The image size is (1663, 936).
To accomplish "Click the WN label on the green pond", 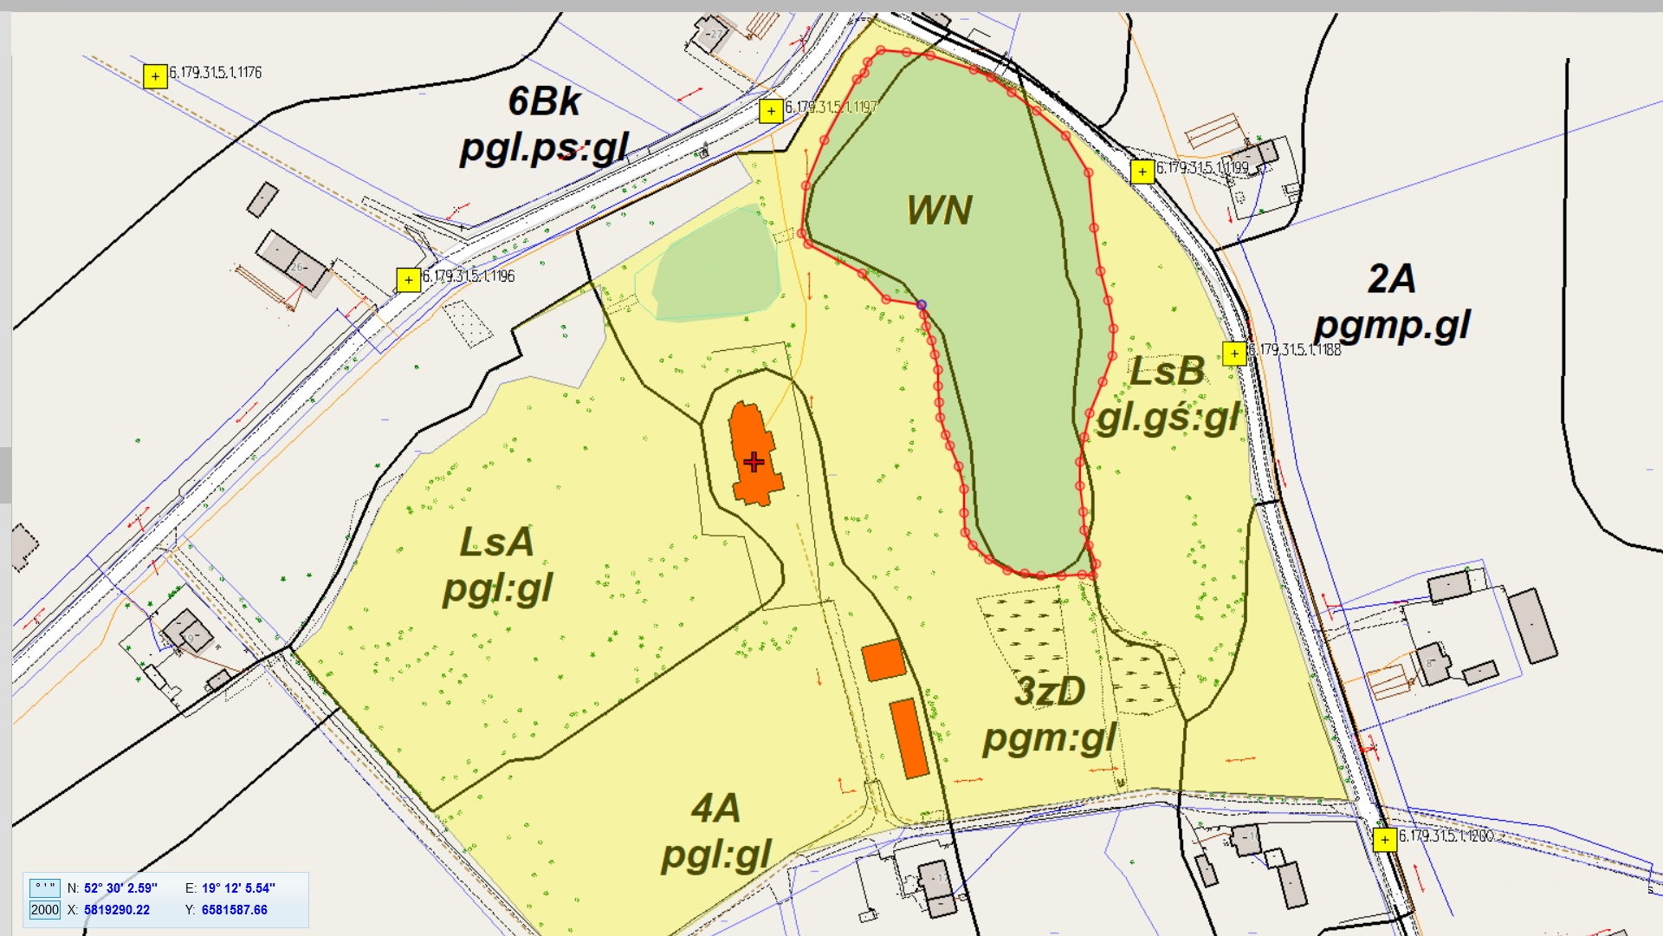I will tap(939, 211).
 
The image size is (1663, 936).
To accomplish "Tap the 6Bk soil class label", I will tap(543, 102).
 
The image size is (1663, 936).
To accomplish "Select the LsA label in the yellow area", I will tap(496, 543).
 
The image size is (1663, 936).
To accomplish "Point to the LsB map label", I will tap(1168, 372).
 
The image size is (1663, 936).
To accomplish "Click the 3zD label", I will tap(1050, 692).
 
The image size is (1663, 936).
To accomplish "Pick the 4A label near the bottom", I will tap(715, 809).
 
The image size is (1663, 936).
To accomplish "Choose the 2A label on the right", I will tap(1392, 279).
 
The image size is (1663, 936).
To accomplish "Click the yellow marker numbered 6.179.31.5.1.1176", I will tap(155, 76).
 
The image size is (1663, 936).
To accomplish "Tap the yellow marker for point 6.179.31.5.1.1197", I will tap(771, 111).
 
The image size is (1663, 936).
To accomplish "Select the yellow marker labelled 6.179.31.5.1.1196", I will tap(408, 280).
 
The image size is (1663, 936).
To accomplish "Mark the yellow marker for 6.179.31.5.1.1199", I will tap(1142, 172).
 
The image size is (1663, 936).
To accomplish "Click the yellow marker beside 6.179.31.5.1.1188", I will tap(1234, 353).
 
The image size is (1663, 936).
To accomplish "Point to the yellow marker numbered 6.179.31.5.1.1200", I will tap(1385, 839).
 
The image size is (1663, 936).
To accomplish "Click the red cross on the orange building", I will tap(754, 462).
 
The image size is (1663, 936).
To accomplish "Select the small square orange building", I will tap(883, 660).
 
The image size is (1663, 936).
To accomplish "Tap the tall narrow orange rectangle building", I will tap(909, 738).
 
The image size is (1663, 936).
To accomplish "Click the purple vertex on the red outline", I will tap(922, 305).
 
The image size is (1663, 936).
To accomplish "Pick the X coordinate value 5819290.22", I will tap(116, 910).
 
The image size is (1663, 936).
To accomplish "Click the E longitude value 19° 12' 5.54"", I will tap(238, 887).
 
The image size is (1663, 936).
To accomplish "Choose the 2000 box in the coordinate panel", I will tap(45, 910).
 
